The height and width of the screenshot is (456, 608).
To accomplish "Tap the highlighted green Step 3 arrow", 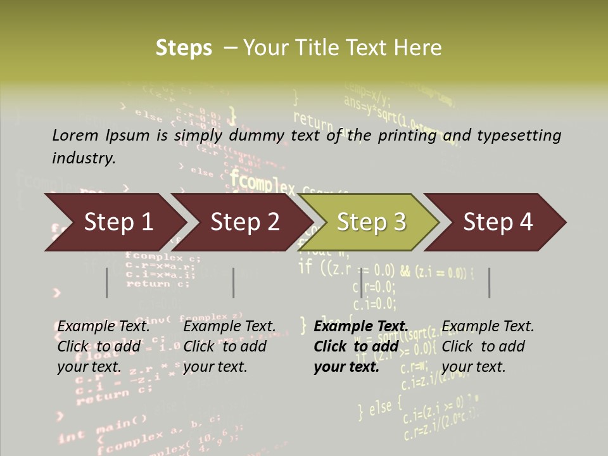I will pyautogui.click(x=370, y=222).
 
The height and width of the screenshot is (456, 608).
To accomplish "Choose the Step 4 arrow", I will pyautogui.click(x=497, y=222).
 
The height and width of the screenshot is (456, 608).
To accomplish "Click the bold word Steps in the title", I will pyautogui.click(x=184, y=48).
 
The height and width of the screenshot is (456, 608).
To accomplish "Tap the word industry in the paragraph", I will pyautogui.click(x=84, y=158).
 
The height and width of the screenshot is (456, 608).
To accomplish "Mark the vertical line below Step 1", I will pyautogui.click(x=107, y=282).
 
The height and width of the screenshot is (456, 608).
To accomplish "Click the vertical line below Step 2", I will pyautogui.click(x=234, y=282).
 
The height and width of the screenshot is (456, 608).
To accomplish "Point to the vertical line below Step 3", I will pyautogui.click(x=361, y=282).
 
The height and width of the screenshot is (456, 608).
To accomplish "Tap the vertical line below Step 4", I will pyautogui.click(x=489, y=282).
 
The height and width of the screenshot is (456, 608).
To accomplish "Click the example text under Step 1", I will pyautogui.click(x=103, y=346).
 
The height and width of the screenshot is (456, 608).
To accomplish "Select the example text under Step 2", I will pyautogui.click(x=229, y=346).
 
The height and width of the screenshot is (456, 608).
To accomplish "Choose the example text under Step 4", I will pyautogui.click(x=488, y=346).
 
